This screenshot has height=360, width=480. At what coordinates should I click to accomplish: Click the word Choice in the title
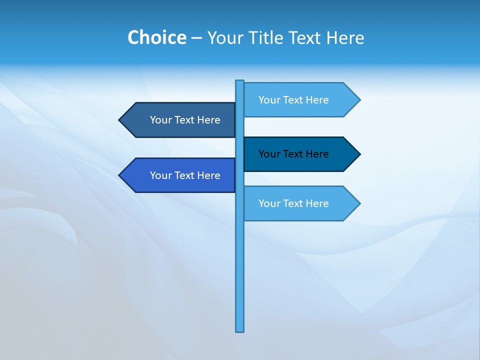(x=156, y=38)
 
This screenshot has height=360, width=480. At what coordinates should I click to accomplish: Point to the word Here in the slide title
(x=345, y=38)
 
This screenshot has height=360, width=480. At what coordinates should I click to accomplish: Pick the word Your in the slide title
(x=224, y=38)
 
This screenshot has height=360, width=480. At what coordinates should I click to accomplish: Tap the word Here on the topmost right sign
(x=317, y=100)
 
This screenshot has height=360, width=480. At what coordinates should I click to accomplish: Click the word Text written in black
(x=293, y=154)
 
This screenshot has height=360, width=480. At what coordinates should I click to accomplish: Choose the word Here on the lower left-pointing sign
(x=208, y=175)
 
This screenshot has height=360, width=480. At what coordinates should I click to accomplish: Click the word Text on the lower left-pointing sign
(x=184, y=175)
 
